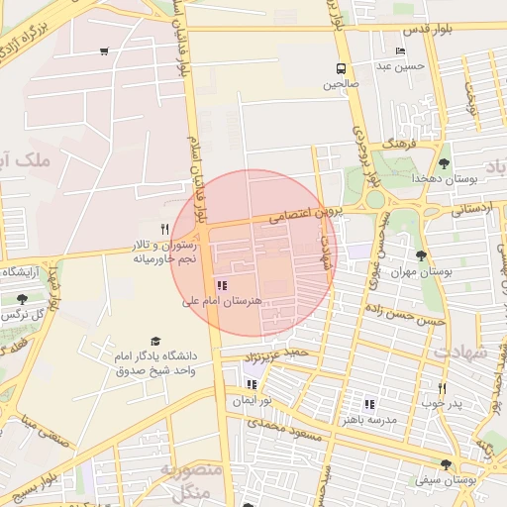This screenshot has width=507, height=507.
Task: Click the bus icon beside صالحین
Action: point(341,69)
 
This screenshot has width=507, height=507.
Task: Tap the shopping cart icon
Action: point(105,51)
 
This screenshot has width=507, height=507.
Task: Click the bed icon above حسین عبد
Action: point(400,51)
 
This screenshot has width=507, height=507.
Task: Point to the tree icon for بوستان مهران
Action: point(422,255)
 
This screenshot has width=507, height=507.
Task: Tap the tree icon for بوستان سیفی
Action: point(446,463)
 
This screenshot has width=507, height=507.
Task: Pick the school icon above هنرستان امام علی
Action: point(220,285)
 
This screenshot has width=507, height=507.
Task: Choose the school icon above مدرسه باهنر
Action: point(368,405)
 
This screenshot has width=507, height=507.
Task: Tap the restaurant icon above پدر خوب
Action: point(442,388)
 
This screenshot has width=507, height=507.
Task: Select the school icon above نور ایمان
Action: point(252,384)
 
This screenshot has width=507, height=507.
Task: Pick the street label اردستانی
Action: point(472,210)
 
